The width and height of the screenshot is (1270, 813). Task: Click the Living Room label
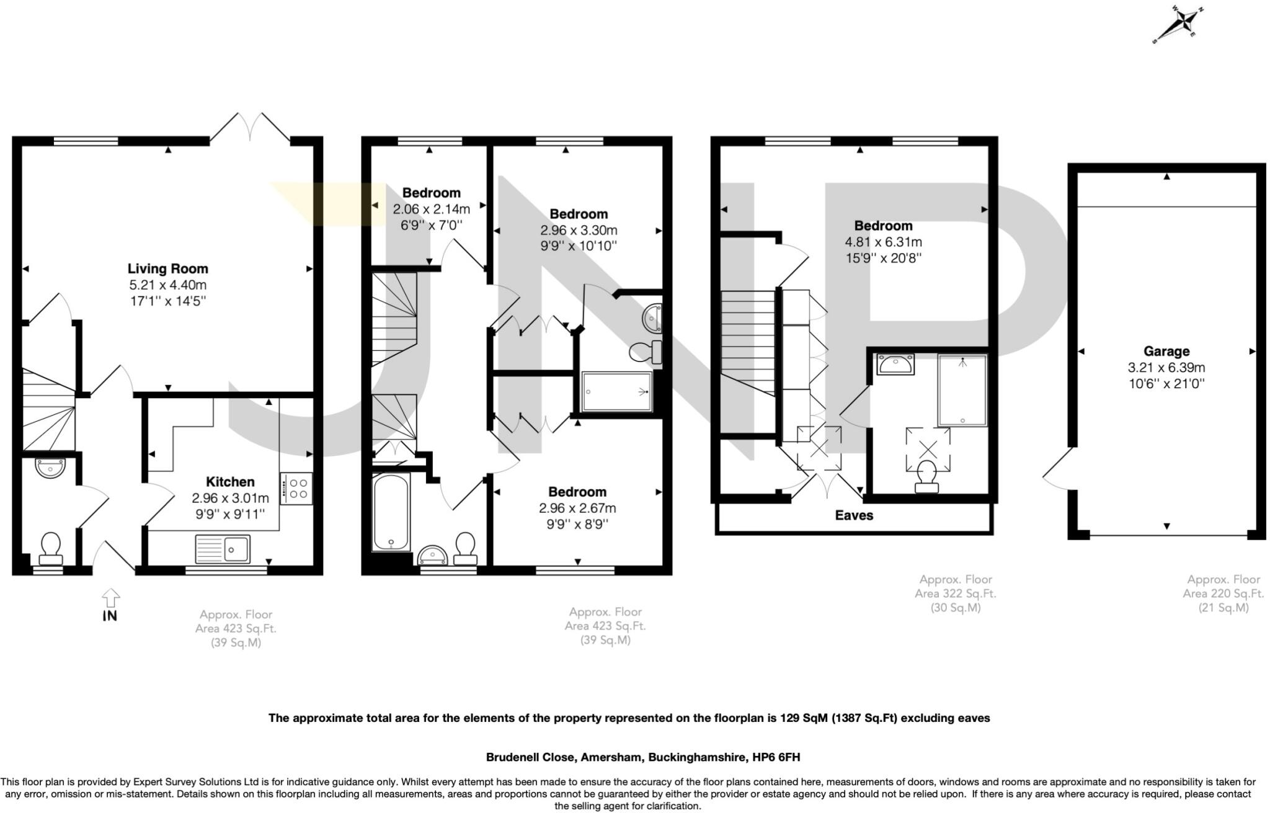[167, 269]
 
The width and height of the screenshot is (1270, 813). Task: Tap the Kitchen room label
[230, 482]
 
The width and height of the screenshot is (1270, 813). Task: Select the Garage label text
[1166, 351]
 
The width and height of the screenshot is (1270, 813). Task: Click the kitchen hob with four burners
[296, 488]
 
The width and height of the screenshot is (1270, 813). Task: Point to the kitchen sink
[223, 549]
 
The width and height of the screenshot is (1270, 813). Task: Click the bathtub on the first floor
[391, 512]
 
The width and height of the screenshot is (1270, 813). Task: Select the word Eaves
[854, 515]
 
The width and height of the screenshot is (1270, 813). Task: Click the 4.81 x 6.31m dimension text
[883, 242]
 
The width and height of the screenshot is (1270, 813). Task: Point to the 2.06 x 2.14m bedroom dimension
[431, 209]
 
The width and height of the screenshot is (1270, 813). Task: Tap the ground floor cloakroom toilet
[50, 548]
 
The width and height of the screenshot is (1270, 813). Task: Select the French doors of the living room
[251, 127]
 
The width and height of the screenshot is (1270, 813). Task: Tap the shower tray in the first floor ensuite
[616, 391]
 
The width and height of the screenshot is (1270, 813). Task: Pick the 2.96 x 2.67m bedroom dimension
[577, 508]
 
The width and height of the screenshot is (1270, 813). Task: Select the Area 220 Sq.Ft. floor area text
[1223, 593]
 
